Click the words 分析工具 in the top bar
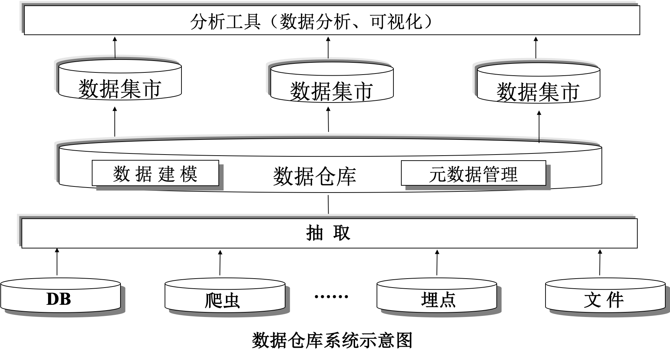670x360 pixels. click(225, 23)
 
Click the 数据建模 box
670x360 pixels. click(155, 174)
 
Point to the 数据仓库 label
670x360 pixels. click(315, 176)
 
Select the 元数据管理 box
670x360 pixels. click(473, 174)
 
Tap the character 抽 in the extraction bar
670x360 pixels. click(315, 233)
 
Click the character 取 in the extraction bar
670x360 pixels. click(341, 233)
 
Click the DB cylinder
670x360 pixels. click(59, 299)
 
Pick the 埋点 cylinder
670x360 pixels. click(438, 299)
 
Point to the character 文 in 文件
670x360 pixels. click(593, 299)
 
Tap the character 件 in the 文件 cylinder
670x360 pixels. click(615, 299)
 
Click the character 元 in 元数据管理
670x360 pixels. click(438, 174)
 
